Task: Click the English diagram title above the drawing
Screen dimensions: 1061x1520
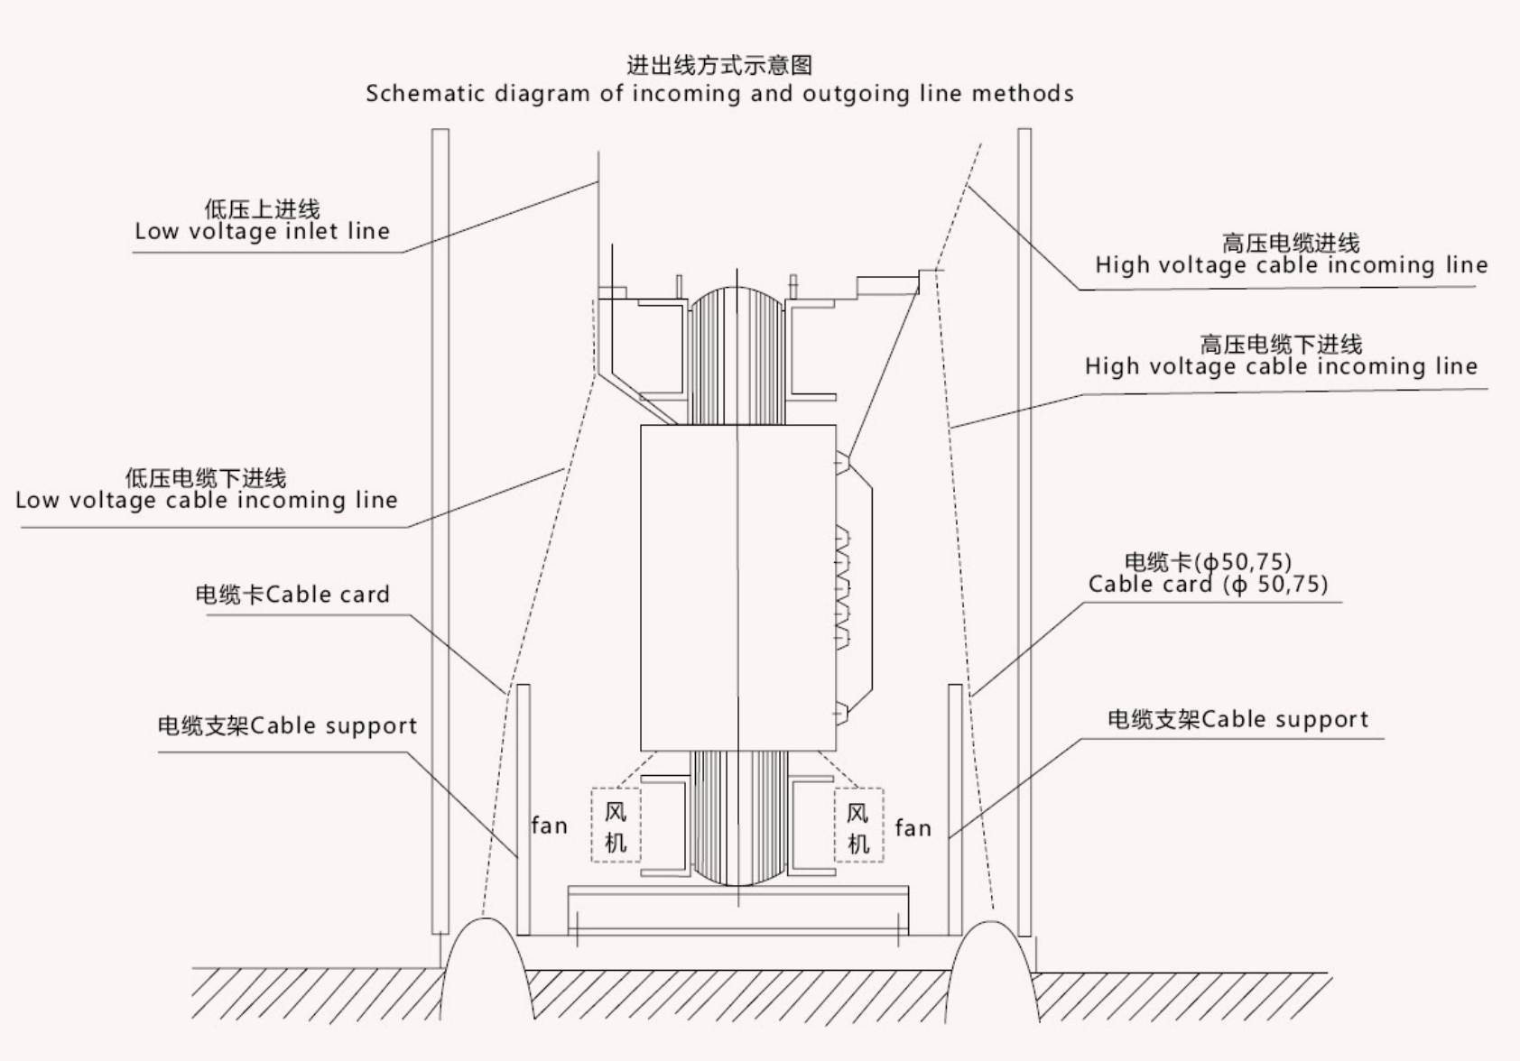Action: pos(719,94)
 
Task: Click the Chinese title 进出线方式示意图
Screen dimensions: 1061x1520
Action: pos(719,65)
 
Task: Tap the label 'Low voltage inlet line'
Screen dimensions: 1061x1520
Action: pos(262,232)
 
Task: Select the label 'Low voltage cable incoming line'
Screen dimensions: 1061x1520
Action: pos(207,500)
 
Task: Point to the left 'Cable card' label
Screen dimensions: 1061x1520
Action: pos(292,595)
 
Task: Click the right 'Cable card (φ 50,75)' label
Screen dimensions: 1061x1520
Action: pos(1208,585)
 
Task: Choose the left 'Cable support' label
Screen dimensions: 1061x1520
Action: pos(287,726)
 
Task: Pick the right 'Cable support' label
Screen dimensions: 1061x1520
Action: pos(1237,719)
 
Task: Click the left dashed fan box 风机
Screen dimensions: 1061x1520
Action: pos(616,826)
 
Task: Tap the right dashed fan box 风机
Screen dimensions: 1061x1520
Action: pos(858,826)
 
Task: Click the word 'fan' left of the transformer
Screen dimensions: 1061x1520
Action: pos(549,826)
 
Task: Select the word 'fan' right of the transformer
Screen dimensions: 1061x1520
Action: pos(913,828)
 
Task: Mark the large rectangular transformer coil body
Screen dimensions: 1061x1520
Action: pos(737,586)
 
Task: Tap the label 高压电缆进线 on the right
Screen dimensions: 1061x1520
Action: pos(1291,243)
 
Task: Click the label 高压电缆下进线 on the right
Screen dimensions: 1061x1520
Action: pos(1281,344)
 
